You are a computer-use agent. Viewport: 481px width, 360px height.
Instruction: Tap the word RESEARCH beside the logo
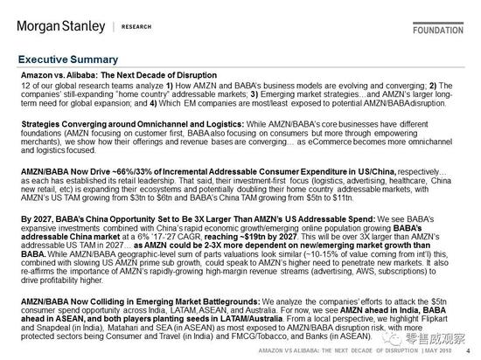coord(134,26)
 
